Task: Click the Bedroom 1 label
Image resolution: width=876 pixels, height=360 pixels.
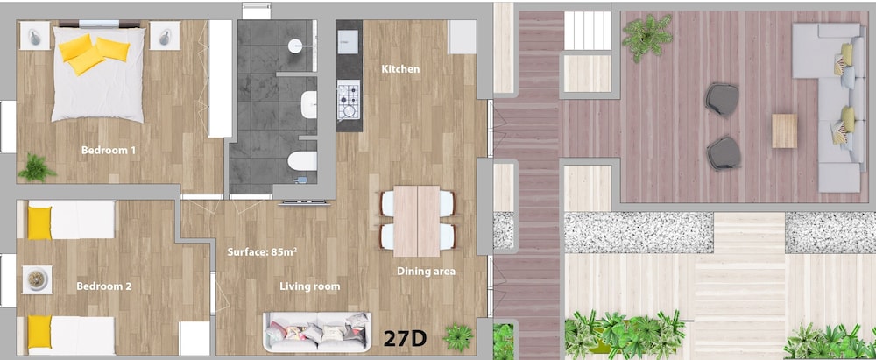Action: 109,150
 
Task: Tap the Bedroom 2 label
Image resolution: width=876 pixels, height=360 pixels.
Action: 104,286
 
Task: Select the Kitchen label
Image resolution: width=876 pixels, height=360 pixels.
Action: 400,69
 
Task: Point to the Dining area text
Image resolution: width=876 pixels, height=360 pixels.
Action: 427,272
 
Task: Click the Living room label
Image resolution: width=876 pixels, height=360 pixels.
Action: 310,286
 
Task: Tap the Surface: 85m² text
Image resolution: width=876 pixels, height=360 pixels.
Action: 262,251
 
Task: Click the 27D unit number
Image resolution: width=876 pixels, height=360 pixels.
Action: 405,337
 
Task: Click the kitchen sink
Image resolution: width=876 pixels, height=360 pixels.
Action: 348,40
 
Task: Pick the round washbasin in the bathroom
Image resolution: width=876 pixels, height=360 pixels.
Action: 296,46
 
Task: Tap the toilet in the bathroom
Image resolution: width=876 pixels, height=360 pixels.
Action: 302,160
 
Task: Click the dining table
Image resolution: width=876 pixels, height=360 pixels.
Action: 417,221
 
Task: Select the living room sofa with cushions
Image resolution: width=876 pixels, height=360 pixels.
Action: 317,332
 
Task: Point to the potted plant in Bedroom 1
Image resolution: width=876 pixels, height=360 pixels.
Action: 37,168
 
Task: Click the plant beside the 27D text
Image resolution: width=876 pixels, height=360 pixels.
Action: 458,337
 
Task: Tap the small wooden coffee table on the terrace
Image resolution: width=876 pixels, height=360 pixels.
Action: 784,131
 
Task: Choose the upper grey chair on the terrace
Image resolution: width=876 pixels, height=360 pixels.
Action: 722,100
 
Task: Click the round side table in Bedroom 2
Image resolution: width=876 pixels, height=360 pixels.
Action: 37,279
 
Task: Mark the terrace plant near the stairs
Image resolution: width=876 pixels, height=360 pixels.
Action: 647,38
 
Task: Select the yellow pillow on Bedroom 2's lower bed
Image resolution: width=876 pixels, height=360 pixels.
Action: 39,332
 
